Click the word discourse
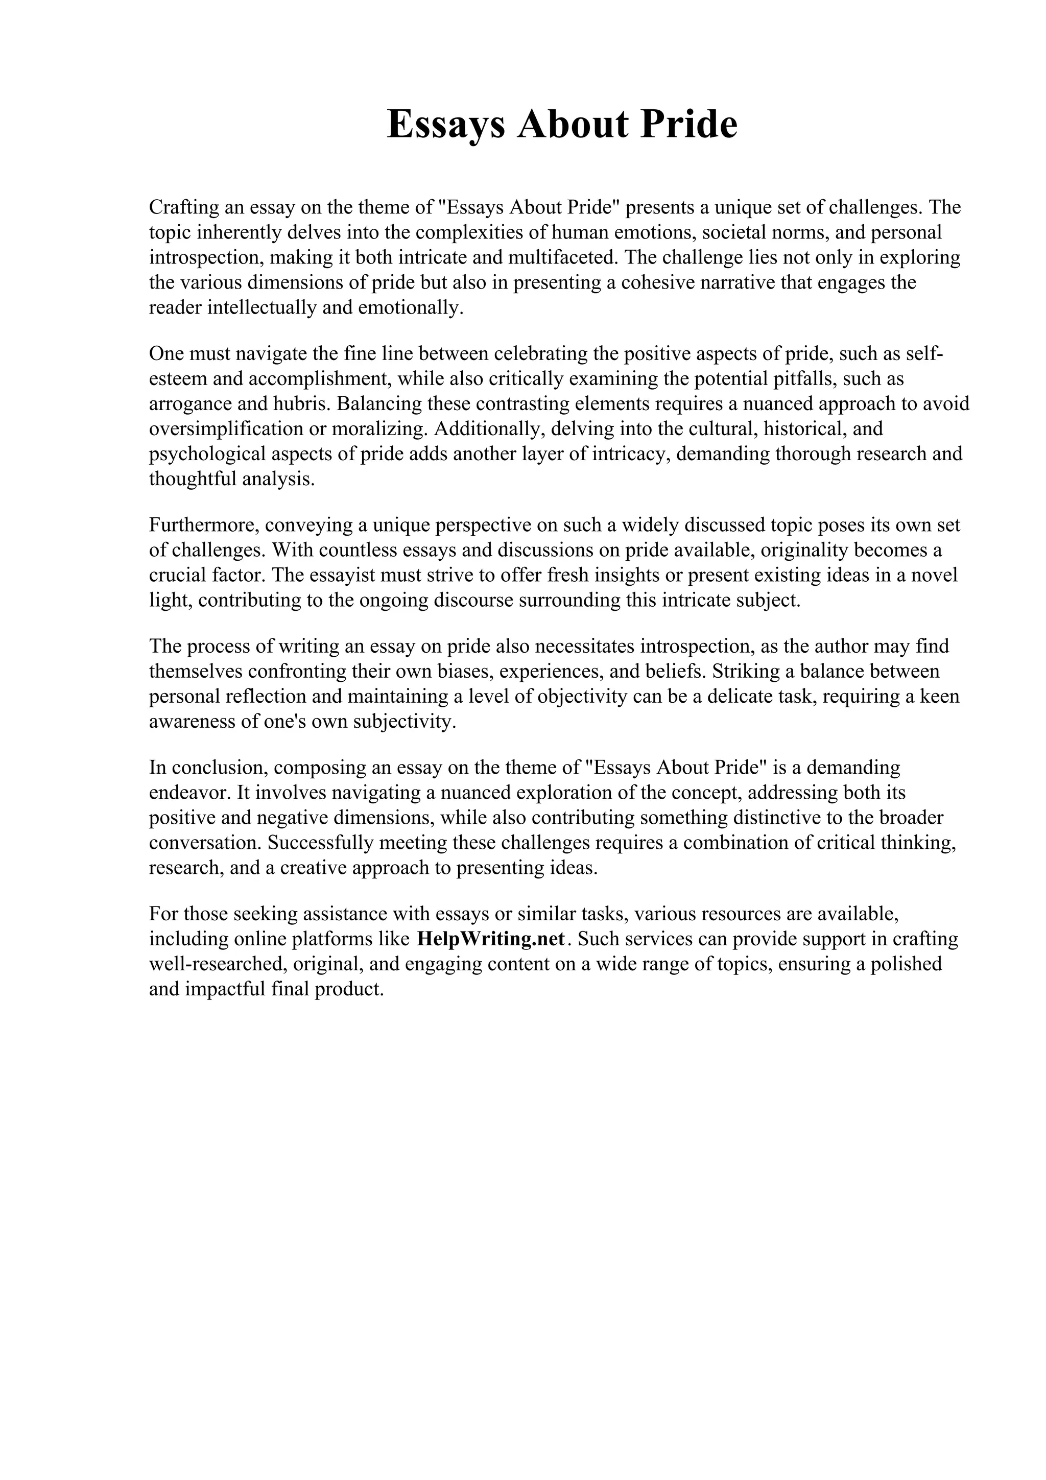point(473,600)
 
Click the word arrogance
point(189,404)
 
